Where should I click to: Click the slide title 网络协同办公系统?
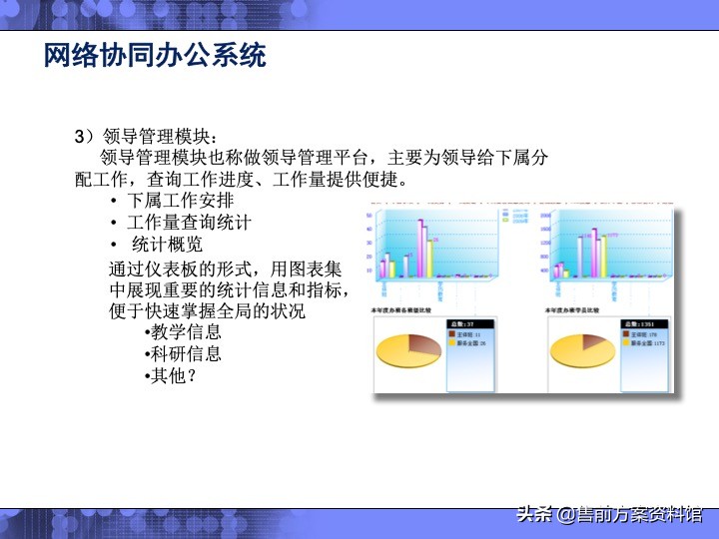(x=155, y=55)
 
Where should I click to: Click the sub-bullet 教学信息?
(x=186, y=332)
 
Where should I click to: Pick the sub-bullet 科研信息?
(x=186, y=354)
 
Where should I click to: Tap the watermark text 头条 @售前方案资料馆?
(x=609, y=515)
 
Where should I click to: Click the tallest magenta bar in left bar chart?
(x=420, y=245)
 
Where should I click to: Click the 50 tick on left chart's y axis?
(x=370, y=215)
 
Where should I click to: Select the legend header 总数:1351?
(x=637, y=324)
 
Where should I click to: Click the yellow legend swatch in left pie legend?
(x=451, y=342)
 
